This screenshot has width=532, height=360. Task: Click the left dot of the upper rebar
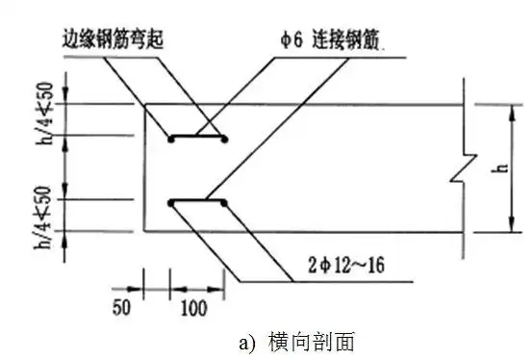coord(171,140)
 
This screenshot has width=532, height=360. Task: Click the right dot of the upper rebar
coord(224,140)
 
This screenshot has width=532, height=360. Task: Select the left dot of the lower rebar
coord(171,202)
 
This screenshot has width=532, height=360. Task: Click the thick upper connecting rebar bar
coord(197,138)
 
